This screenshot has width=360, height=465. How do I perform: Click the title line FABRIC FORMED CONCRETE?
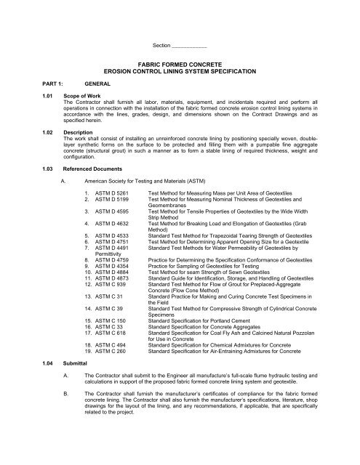click(179, 65)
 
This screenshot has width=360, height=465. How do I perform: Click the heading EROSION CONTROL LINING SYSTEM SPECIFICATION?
click(179, 72)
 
